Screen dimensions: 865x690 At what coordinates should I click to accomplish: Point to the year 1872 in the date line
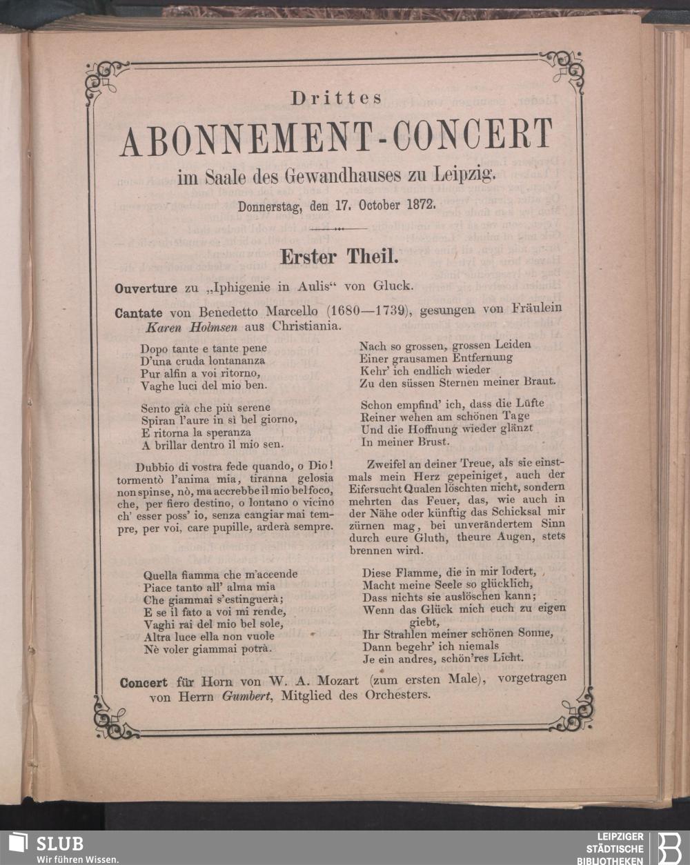pos(414,205)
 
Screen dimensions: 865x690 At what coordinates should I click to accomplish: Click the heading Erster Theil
pos(338,257)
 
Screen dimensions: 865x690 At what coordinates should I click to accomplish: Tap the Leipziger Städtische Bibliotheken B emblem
pos(668,847)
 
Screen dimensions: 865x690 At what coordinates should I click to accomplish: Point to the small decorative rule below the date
pos(338,228)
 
